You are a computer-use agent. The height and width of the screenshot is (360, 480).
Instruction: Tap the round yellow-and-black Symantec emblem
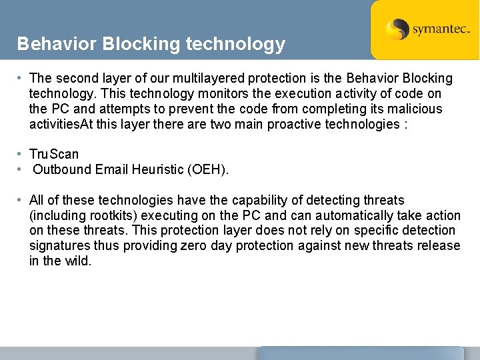coord(398,30)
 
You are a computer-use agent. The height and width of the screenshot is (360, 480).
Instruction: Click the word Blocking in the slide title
coord(137,44)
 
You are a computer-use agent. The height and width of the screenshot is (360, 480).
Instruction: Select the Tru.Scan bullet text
coord(54,154)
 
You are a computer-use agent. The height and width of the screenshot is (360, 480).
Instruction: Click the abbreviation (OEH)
coord(209,169)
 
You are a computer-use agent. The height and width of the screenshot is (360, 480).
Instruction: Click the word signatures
coord(59,246)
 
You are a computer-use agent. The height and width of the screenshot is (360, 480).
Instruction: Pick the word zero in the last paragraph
coord(194,246)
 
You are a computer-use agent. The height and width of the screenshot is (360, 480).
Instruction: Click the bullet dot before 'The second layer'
coord(21,78)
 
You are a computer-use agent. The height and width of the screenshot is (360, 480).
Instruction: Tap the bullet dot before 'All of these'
coord(21,200)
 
